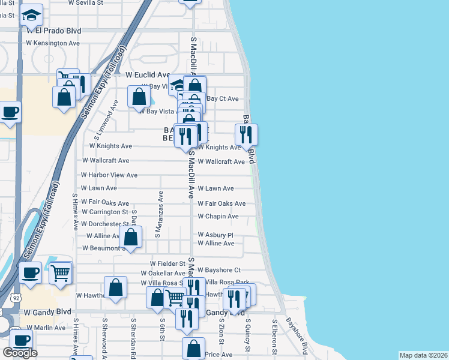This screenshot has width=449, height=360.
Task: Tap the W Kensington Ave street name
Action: [x=53, y=43]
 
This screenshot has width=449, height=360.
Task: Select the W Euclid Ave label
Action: [x=148, y=75]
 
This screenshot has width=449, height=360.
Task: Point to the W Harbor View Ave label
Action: [x=109, y=175]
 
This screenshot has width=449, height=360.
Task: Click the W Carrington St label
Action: [x=105, y=212]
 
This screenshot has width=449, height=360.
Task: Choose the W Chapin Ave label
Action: [x=218, y=216]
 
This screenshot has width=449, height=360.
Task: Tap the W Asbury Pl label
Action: [x=215, y=235]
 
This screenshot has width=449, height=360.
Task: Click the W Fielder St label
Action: [x=167, y=263]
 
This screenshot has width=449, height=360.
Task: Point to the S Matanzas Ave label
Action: [x=160, y=214]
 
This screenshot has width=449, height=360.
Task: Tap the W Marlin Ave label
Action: [x=44, y=328]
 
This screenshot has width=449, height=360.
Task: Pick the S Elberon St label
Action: [x=274, y=334]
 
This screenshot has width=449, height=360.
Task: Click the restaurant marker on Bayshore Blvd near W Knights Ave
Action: [x=246, y=134]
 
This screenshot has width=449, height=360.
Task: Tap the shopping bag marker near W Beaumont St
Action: [x=131, y=236]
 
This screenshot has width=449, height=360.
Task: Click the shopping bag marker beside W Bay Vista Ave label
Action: [x=139, y=96]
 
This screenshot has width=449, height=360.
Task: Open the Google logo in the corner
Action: [x=20, y=353]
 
